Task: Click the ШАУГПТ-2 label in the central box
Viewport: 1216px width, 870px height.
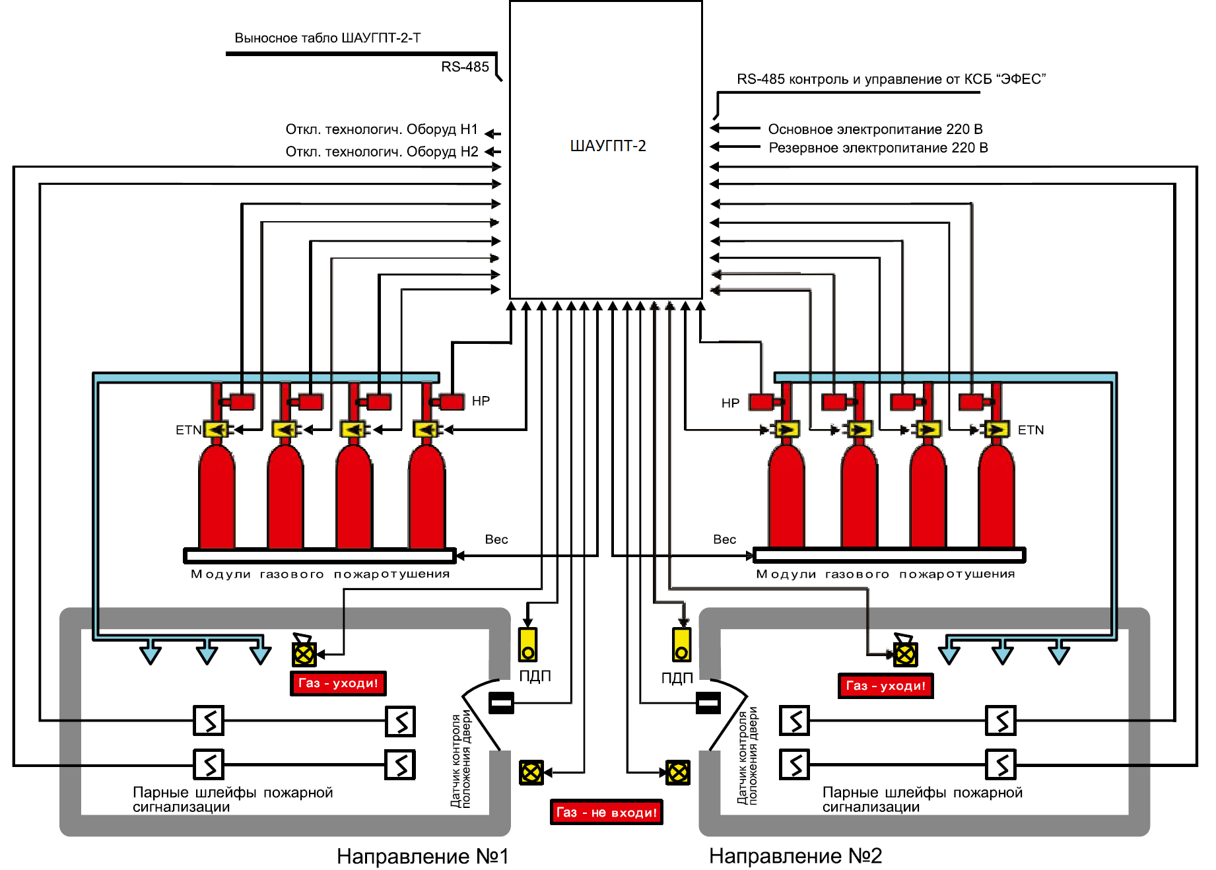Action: click(608, 146)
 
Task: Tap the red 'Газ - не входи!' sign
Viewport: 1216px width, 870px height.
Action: click(607, 812)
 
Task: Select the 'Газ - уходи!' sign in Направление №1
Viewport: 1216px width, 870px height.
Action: click(338, 683)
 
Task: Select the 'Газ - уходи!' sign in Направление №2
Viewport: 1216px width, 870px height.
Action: click(886, 686)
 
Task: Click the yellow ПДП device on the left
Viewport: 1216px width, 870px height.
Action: click(527, 644)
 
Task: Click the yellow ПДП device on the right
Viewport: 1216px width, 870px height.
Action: click(682, 644)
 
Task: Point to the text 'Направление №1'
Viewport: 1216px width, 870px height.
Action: click(422, 856)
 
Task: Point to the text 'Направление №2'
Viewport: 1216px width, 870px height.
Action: click(795, 855)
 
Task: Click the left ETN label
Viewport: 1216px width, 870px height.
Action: click(188, 430)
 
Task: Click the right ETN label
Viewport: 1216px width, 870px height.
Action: click(1030, 430)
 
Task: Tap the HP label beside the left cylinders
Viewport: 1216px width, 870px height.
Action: click(481, 401)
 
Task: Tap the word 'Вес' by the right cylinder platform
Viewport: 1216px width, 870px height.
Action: click(724, 539)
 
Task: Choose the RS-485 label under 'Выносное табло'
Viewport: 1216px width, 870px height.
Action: click(465, 67)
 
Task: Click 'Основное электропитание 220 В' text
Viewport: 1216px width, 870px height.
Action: click(875, 129)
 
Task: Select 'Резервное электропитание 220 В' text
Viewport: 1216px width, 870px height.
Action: click(878, 147)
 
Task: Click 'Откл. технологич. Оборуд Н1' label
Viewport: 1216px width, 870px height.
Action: click(382, 129)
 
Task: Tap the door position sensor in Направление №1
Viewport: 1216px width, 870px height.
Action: click(501, 702)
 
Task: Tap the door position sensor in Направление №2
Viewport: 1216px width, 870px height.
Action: click(708, 702)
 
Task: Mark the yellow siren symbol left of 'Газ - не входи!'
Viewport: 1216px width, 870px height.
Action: click(531, 772)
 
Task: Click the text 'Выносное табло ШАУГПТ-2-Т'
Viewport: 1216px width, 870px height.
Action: click(327, 38)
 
